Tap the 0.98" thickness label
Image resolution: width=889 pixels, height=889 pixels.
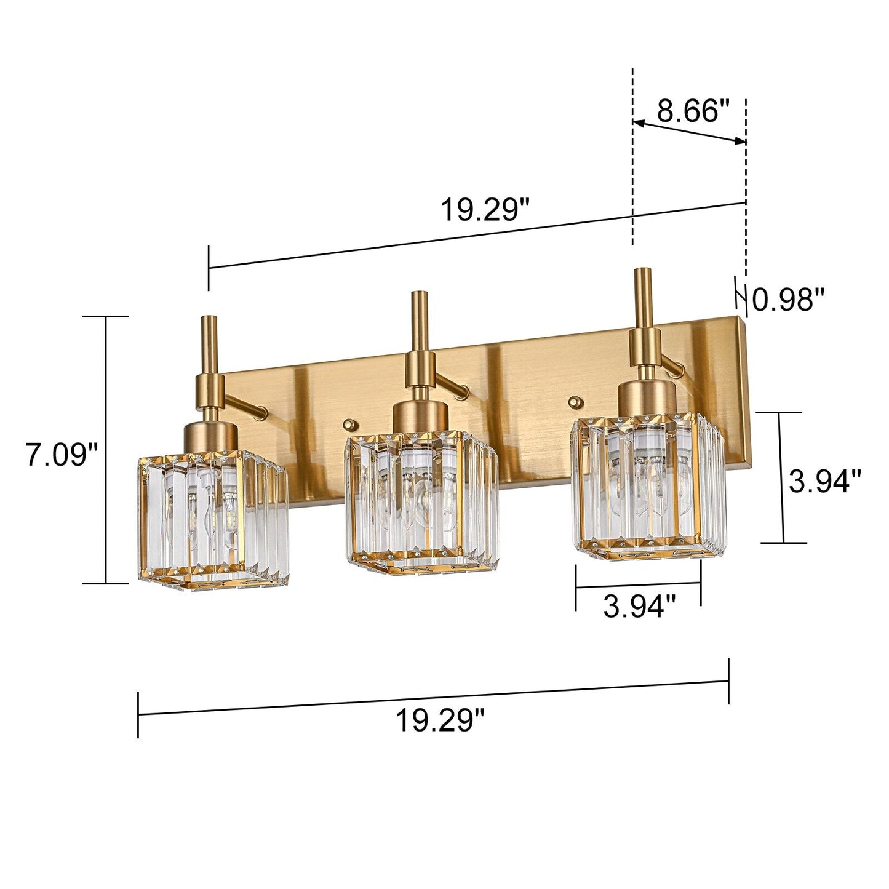tap(789, 300)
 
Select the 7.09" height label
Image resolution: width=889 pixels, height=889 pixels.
tap(62, 455)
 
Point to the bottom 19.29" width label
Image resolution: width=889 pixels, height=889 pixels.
tap(440, 719)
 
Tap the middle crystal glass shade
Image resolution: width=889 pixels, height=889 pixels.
tap(420, 501)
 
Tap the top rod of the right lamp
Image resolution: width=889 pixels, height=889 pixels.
tap(644, 298)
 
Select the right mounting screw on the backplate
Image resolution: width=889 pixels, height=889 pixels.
tap(575, 401)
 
